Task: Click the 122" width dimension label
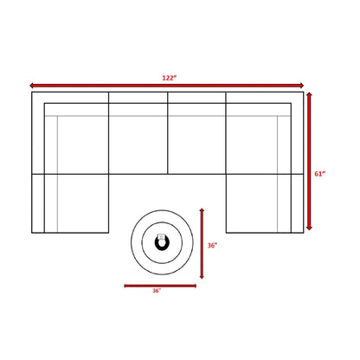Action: pos(169,78)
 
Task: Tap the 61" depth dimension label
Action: pos(319,174)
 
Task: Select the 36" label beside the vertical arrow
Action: pos(212,245)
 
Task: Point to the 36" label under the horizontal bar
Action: pos(157,291)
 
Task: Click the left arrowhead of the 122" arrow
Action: pos(32,86)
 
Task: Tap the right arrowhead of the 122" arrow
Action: pos(301,86)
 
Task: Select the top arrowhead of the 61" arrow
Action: pos(309,94)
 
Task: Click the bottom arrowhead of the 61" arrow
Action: pos(309,228)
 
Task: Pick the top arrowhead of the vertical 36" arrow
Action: pos(202,210)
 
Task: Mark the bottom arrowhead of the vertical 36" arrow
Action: pos(202,276)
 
